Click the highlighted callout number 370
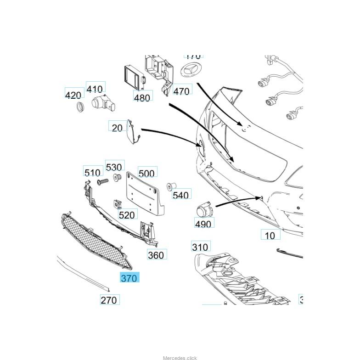129,278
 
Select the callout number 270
109,300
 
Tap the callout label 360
156,255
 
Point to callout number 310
200,247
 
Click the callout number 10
270,235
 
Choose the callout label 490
203,224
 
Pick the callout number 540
181,195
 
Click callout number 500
146,173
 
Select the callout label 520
127,214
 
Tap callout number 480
142,97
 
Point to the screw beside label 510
102,182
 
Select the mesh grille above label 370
94,239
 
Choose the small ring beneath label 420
80,107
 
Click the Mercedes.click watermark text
180,358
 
